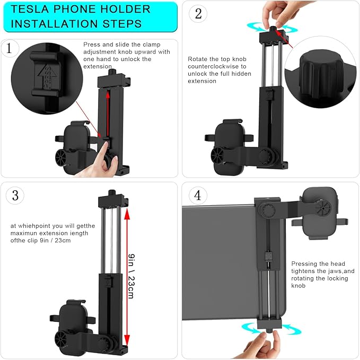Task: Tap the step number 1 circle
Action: point(10,48)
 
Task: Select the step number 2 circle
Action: point(198,14)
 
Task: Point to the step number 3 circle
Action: point(15,196)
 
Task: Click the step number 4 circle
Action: point(198,196)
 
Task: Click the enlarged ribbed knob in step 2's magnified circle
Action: point(321,74)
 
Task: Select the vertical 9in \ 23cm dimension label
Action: point(131,276)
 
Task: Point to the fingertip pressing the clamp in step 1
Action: point(106,144)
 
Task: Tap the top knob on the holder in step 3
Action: point(112,192)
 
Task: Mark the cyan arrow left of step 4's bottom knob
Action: point(251,328)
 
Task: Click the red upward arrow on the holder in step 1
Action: point(108,113)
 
